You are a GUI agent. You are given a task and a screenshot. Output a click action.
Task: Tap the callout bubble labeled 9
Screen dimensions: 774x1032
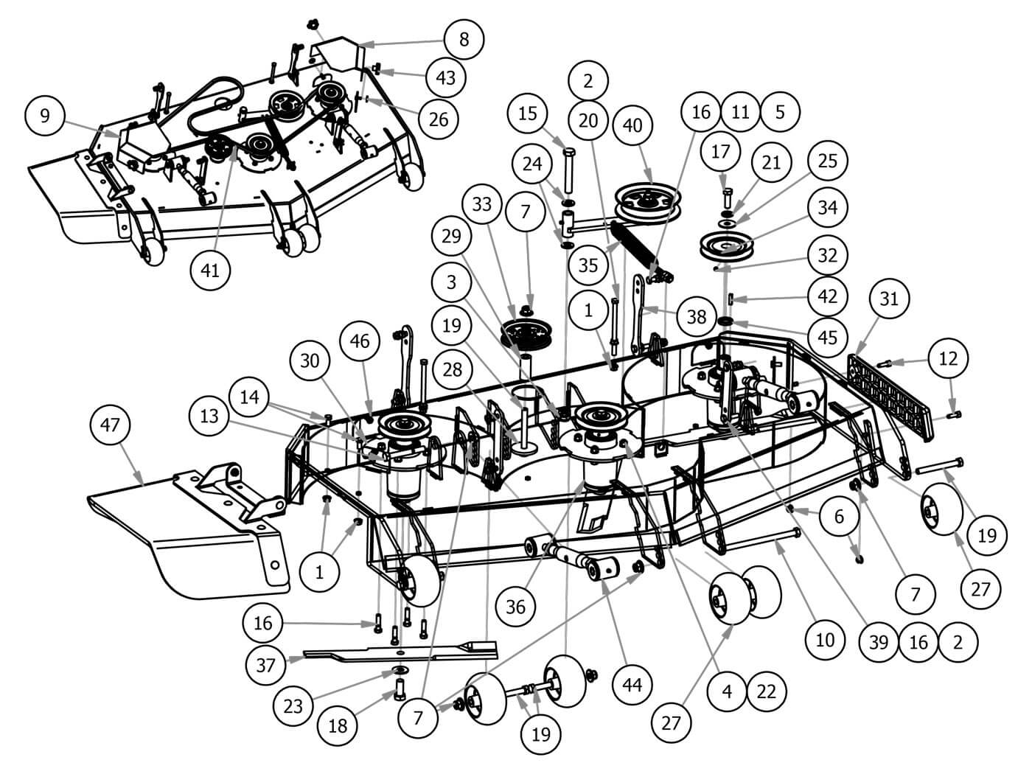[x=46, y=118]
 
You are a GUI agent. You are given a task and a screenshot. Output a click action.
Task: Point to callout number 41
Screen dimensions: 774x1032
[x=211, y=271]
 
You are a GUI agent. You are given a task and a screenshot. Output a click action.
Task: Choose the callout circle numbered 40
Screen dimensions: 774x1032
[x=633, y=125]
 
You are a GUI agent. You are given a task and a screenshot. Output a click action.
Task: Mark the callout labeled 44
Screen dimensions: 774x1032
[x=632, y=685]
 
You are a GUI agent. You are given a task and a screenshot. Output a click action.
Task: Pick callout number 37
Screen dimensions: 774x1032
[x=265, y=666]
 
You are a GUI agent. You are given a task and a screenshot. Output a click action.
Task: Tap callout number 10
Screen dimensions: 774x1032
[x=826, y=638]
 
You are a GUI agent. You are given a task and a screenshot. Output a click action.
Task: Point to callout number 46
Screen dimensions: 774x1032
[x=360, y=341]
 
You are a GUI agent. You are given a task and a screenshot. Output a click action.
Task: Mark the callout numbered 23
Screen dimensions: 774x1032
[x=293, y=706]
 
